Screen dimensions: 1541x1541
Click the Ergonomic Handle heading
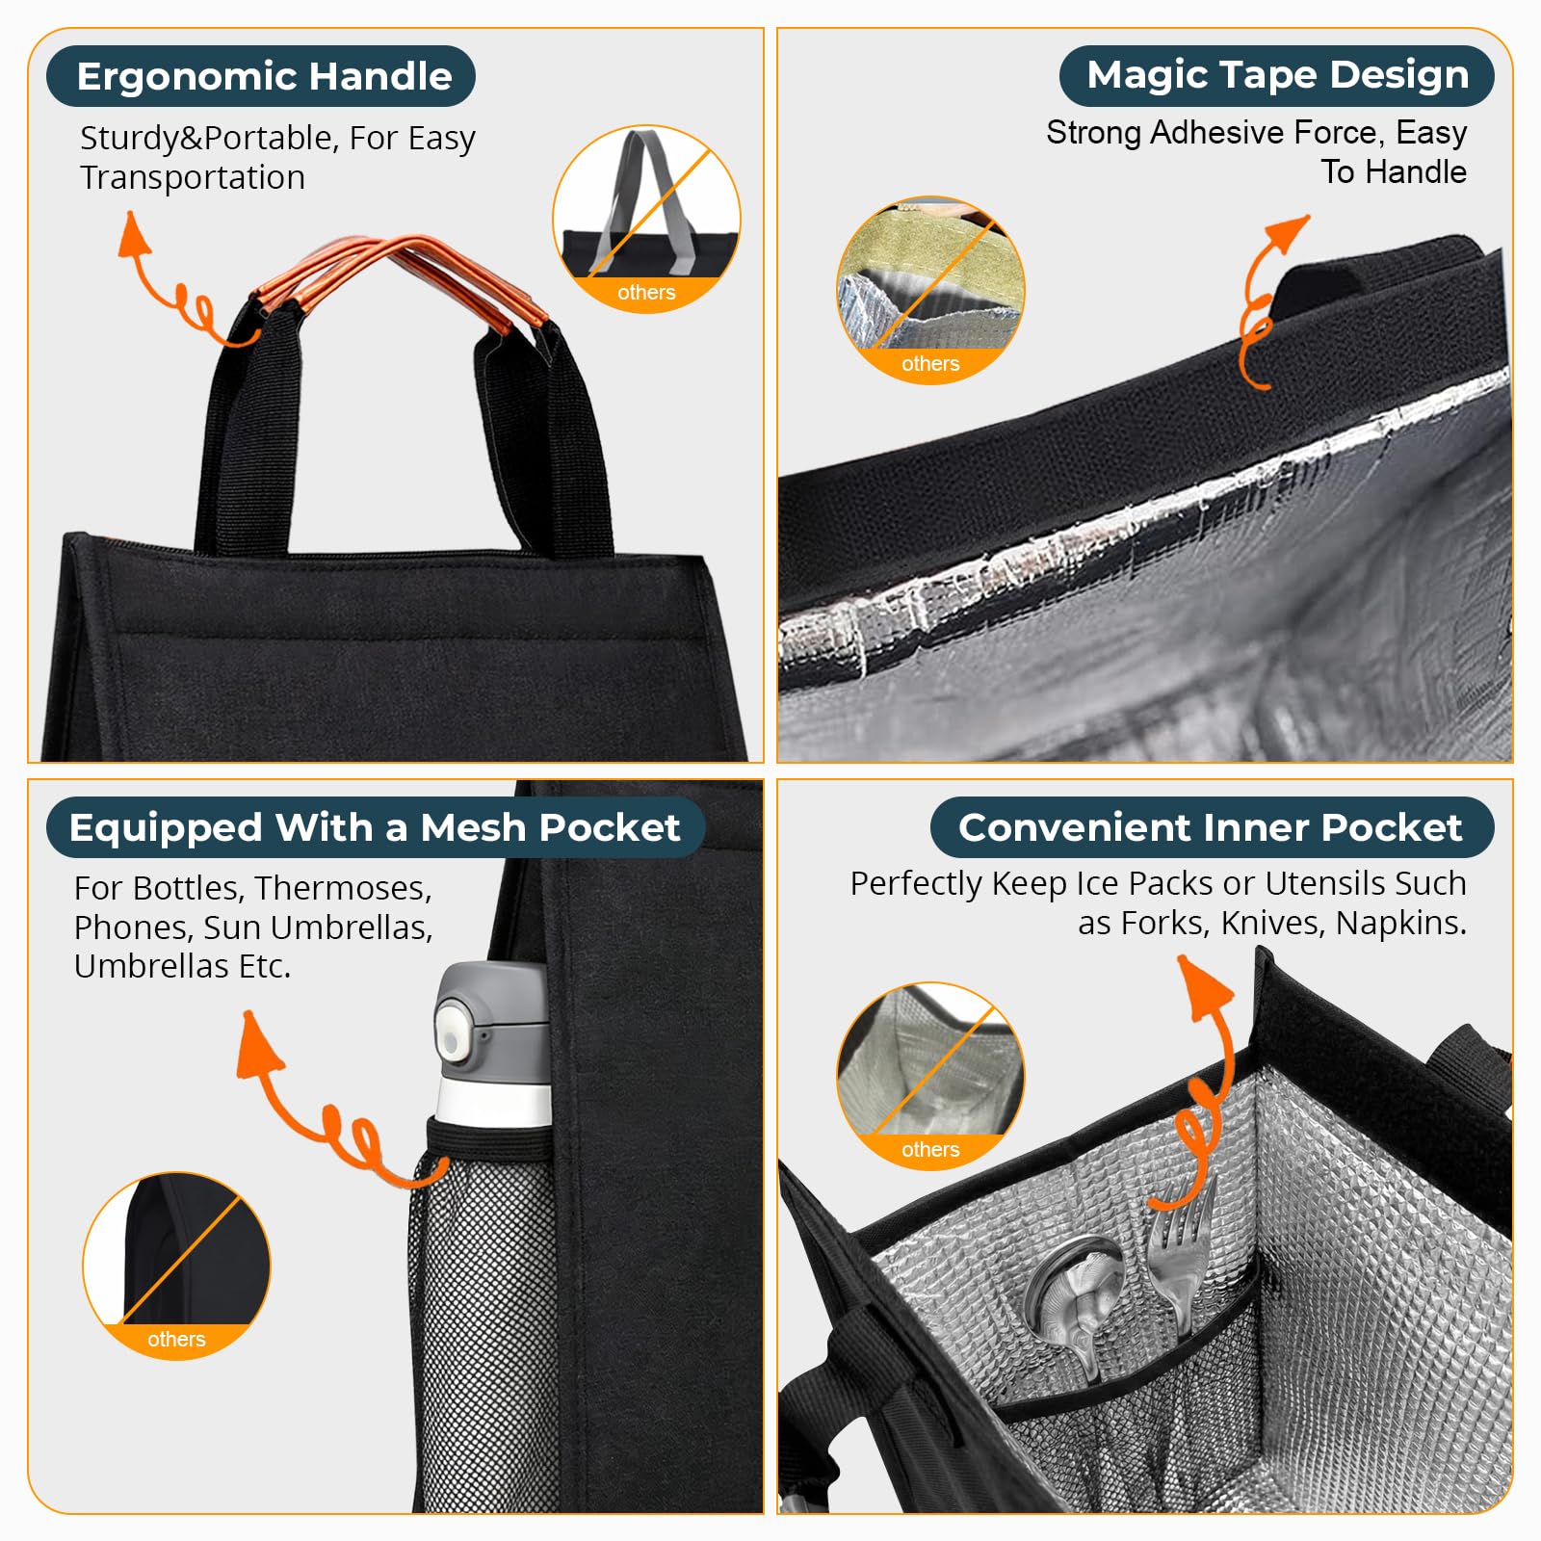264,76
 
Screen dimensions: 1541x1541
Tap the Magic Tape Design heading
1277,75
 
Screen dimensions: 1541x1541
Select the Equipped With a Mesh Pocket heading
375,827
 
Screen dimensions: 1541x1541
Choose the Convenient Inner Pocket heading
1211,827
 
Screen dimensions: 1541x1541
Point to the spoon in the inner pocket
1078,1300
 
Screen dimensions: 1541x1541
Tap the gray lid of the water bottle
491,1021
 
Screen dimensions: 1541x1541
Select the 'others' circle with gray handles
646,218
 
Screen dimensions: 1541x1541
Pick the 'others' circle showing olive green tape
930,290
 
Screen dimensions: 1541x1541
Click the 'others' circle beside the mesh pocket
176,1266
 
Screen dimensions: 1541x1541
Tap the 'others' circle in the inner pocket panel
930,1076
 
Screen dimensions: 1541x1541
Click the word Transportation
193,178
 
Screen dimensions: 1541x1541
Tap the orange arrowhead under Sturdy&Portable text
133,236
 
